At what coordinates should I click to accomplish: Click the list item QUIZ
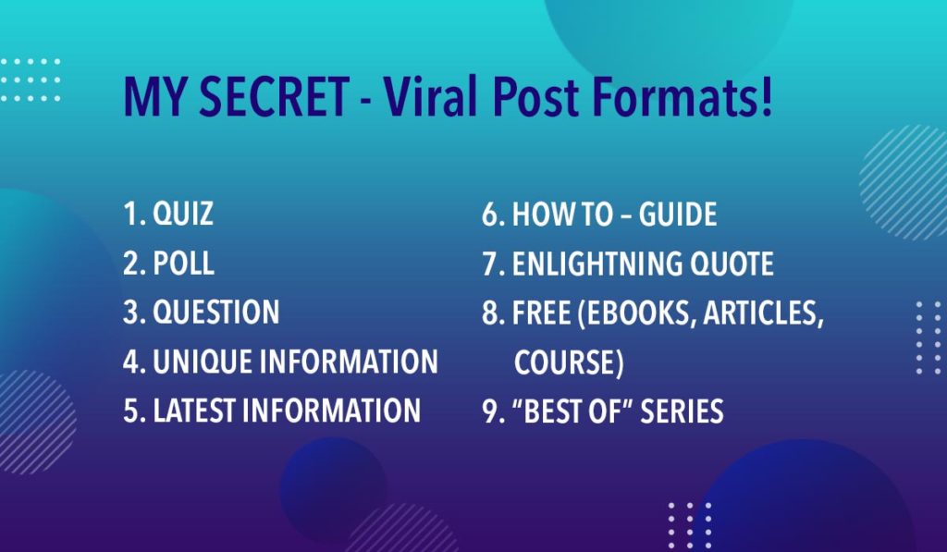coord(183,215)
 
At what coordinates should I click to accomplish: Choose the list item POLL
coord(183,264)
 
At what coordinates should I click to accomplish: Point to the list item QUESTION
coord(215,313)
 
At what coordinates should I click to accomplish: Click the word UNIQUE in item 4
coord(206,362)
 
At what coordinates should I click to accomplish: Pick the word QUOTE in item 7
coord(732,264)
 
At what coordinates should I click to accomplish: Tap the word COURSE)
coord(569,362)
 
